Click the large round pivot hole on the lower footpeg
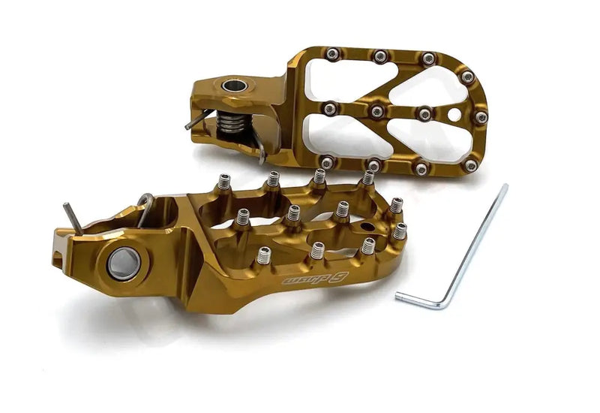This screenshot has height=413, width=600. click(121, 262)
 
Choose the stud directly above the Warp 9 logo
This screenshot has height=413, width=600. click(317, 249)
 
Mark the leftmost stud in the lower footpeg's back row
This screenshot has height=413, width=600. click(224, 181)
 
